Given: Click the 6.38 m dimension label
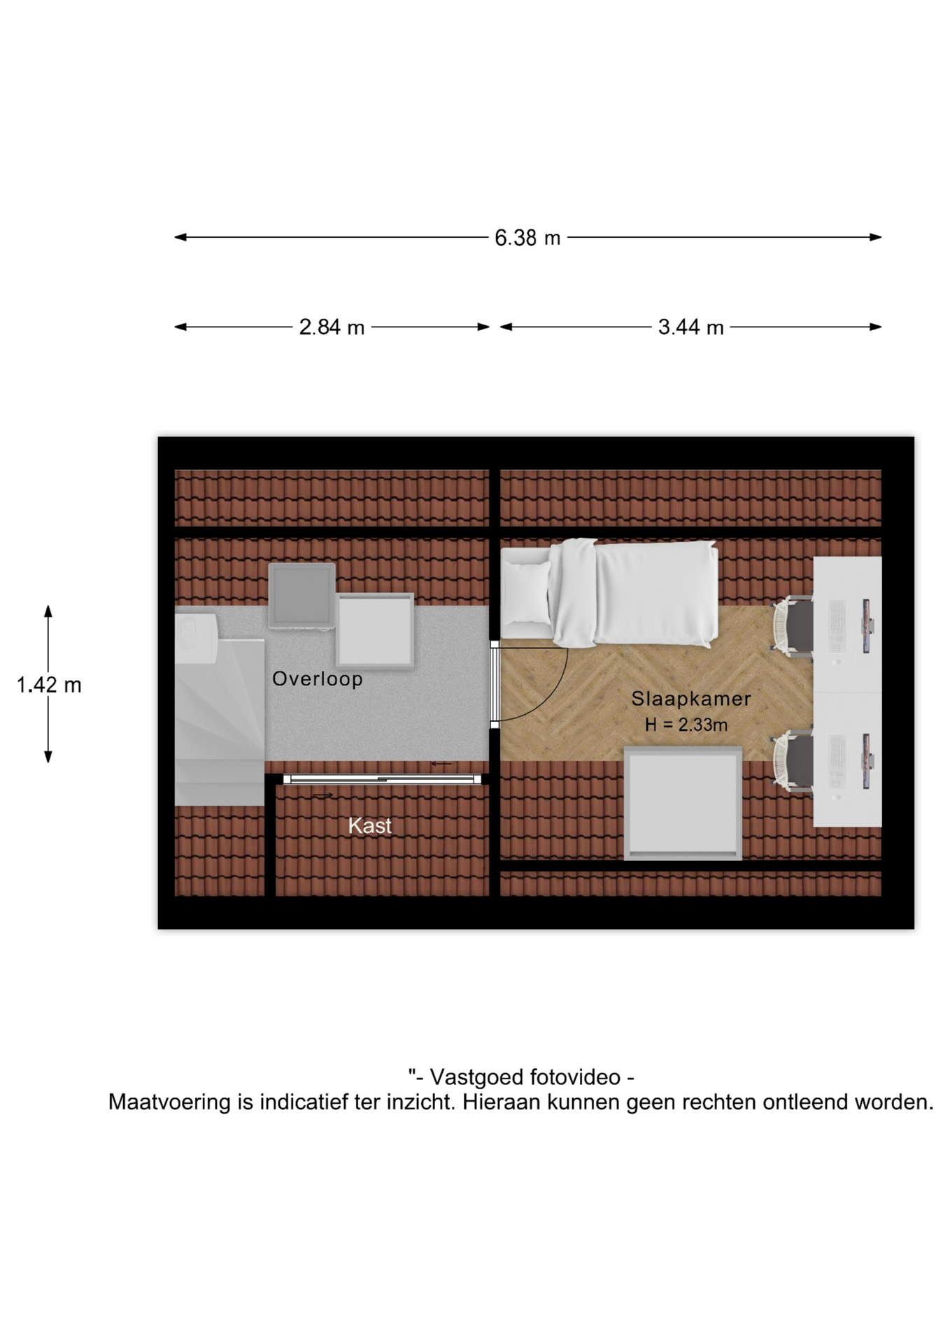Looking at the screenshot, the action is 527,238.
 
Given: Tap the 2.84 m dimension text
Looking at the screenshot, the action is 332,327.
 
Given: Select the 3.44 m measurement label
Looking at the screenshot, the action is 690,327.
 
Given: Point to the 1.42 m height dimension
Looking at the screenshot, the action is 49,684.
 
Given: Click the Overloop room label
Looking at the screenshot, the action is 318,678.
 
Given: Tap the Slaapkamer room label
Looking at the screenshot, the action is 691,698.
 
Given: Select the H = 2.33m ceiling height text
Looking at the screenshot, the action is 686,725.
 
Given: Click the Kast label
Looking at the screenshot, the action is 369,825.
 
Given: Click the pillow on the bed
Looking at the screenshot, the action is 526,592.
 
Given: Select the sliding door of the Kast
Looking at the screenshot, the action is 383,779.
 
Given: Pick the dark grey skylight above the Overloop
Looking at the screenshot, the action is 302,595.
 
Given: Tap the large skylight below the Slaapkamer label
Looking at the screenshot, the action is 683,803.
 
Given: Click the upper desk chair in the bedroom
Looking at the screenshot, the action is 793,625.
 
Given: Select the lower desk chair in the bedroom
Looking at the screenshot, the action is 793,761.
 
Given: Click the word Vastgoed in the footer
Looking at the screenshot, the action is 476,1076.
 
